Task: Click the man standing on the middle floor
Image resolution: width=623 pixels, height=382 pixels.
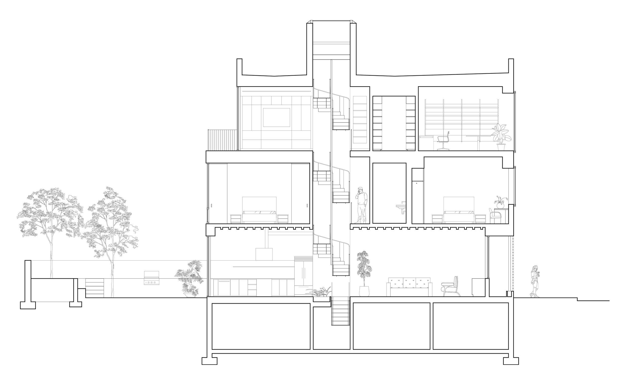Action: point(362,205)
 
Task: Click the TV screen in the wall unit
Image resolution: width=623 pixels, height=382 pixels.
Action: point(277,118)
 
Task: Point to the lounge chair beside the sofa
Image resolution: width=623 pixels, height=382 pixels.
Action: point(451,286)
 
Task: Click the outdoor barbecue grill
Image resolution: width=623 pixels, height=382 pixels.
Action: point(152,278)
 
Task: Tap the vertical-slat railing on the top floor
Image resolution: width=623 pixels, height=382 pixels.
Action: point(223,139)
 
